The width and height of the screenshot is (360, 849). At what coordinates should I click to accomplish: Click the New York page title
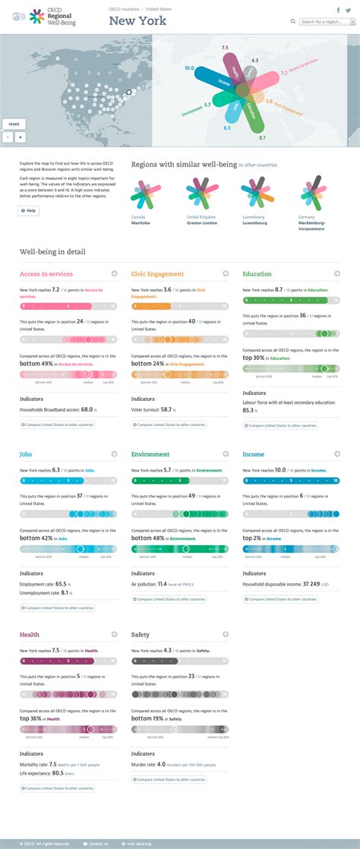(137, 21)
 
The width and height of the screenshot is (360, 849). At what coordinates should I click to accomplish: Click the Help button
(29, 210)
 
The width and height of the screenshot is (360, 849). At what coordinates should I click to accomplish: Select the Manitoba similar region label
(141, 223)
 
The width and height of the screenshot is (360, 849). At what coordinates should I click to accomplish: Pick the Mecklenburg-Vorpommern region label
(311, 226)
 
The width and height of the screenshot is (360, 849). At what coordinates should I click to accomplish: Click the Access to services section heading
(46, 273)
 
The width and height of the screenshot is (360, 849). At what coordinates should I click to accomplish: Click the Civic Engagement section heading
(157, 273)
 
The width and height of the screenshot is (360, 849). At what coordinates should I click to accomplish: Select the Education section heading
(257, 273)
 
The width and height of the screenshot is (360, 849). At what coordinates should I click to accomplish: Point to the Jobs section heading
(26, 454)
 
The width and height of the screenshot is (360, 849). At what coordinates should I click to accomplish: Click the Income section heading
(253, 454)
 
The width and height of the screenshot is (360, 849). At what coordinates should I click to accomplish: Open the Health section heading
(29, 634)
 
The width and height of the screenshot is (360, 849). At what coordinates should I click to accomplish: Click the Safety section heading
(140, 634)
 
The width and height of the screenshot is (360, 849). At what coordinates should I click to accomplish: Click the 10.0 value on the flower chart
(189, 68)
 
